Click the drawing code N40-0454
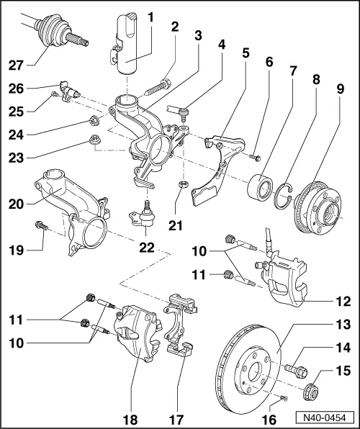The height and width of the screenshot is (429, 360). (327, 417)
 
